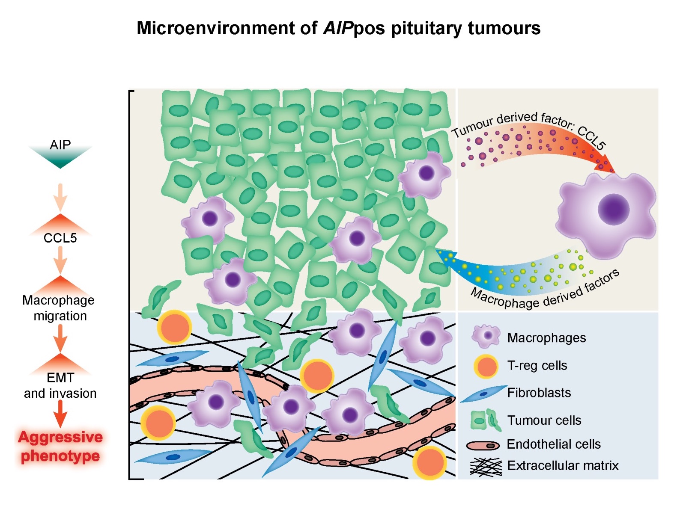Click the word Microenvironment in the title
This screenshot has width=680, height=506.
(215, 28)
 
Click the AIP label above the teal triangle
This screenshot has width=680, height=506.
(60, 145)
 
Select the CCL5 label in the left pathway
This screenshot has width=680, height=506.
(60, 238)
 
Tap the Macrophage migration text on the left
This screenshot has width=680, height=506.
(59, 308)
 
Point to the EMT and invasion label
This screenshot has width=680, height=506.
(60, 385)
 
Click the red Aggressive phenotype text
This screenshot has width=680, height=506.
(60, 447)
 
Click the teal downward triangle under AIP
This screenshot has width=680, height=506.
(60, 159)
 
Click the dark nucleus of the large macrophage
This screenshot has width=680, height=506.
(613, 210)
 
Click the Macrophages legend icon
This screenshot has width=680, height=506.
(486, 337)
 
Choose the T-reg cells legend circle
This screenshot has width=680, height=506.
(486, 367)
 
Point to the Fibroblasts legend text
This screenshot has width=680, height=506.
(539, 393)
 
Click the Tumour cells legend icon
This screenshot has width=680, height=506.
(486, 420)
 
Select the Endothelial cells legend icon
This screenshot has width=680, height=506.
(483, 445)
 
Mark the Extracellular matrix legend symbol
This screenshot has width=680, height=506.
(486, 467)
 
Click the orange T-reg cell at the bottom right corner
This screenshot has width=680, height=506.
(429, 463)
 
